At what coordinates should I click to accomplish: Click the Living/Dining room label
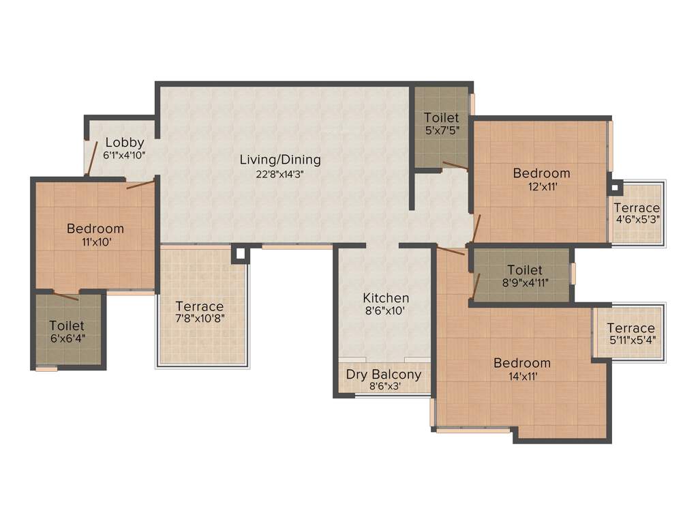279,160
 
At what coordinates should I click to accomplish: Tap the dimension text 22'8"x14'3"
279,173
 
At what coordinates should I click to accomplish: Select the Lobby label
124,143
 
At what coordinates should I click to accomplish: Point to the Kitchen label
386,298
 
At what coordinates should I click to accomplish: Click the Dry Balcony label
383,375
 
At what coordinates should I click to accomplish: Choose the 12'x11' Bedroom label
541,173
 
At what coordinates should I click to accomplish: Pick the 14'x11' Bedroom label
522,363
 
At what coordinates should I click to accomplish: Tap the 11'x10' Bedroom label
95,229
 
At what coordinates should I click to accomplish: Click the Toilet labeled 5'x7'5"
441,118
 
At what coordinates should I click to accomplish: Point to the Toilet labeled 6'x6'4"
67,326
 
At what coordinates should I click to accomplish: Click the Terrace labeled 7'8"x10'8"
199,306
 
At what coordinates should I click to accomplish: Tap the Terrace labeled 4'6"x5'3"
637,208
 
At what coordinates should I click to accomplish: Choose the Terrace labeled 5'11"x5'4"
631,328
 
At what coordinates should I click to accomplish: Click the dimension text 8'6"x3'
383,386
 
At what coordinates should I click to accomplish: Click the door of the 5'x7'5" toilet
455,164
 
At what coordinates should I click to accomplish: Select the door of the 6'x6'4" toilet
66,296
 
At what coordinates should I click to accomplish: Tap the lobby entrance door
87,158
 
